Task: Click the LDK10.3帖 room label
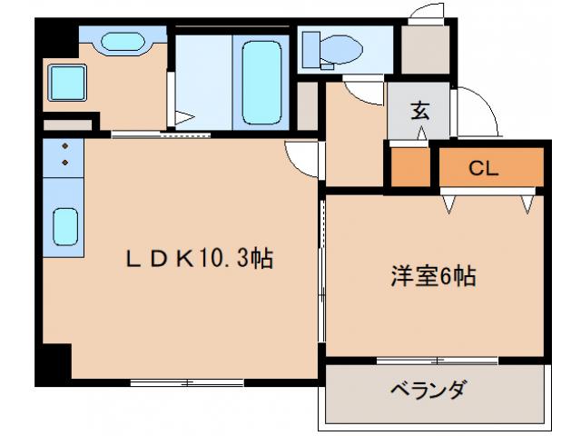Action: pyautogui.click(x=199, y=259)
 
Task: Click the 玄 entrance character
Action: pyautogui.click(x=419, y=111)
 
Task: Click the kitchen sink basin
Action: pyautogui.click(x=64, y=226)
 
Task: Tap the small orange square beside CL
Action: pyautogui.click(x=411, y=166)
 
